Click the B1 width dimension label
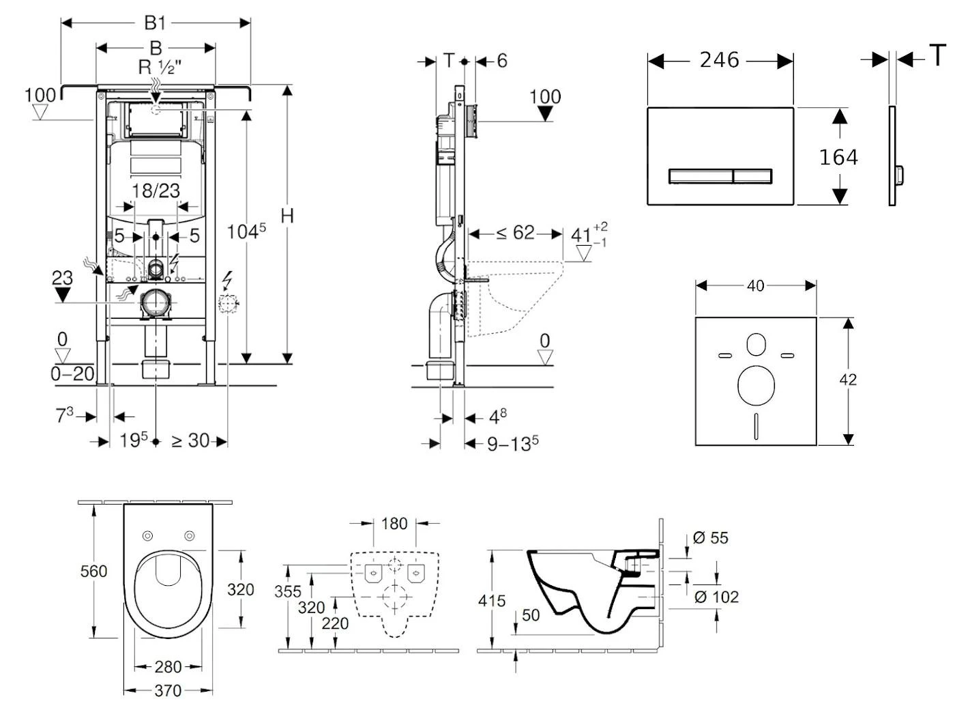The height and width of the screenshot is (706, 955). click(x=155, y=23)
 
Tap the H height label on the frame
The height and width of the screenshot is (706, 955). click(x=287, y=216)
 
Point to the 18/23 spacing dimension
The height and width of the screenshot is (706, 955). click(x=156, y=190)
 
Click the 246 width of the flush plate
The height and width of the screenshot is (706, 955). click(x=719, y=60)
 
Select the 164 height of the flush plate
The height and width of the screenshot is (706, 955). click(x=838, y=158)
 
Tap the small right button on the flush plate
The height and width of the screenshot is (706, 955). click(x=752, y=176)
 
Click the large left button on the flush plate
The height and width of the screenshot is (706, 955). click(x=701, y=176)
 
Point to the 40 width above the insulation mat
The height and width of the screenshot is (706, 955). click(x=755, y=285)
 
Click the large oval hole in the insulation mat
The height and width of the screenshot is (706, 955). click(x=756, y=384)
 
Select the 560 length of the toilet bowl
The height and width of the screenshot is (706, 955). click(x=93, y=571)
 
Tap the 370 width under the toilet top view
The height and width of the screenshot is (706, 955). click(x=168, y=690)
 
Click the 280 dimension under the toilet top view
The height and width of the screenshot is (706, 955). click(x=168, y=666)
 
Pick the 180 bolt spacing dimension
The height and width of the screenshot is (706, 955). click(x=394, y=524)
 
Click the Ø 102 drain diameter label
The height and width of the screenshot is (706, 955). click(x=716, y=597)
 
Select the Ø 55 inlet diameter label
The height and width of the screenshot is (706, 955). click(x=711, y=538)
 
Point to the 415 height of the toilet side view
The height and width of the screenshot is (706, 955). click(x=492, y=601)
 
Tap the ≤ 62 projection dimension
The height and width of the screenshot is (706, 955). click(x=515, y=234)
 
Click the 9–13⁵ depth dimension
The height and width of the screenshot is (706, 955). click(x=512, y=444)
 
